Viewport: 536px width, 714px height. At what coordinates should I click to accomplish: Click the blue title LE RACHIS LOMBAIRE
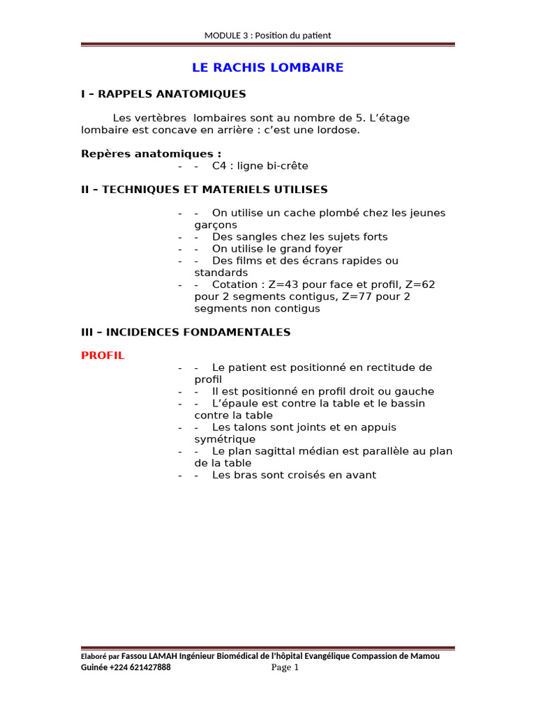268,68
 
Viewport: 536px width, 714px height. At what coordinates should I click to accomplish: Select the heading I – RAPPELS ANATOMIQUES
163,93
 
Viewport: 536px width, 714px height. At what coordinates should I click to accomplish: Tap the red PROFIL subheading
103,355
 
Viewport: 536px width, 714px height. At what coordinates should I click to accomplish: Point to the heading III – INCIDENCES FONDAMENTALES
186,332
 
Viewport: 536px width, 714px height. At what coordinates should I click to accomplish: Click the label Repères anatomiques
151,153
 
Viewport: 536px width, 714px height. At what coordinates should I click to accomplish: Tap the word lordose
337,130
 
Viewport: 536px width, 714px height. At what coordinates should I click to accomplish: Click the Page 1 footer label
285,668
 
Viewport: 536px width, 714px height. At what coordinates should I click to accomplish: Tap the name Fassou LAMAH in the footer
149,656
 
